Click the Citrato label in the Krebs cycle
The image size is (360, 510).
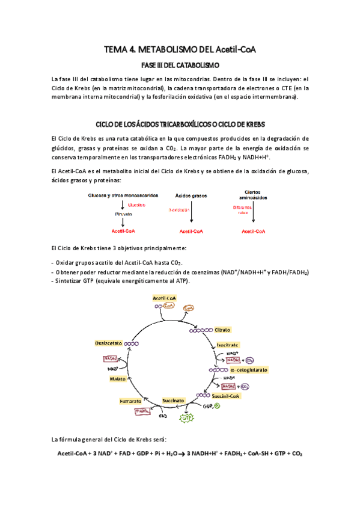[x=222, y=330]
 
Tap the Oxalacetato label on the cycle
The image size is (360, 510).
[x=109, y=343]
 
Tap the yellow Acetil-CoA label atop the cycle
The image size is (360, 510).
[x=164, y=298]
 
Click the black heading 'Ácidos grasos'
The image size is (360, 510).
[x=191, y=196]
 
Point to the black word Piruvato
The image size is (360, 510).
[x=123, y=214]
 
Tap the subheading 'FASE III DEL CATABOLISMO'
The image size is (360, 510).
[x=180, y=64]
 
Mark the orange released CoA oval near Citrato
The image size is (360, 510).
[x=189, y=307]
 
